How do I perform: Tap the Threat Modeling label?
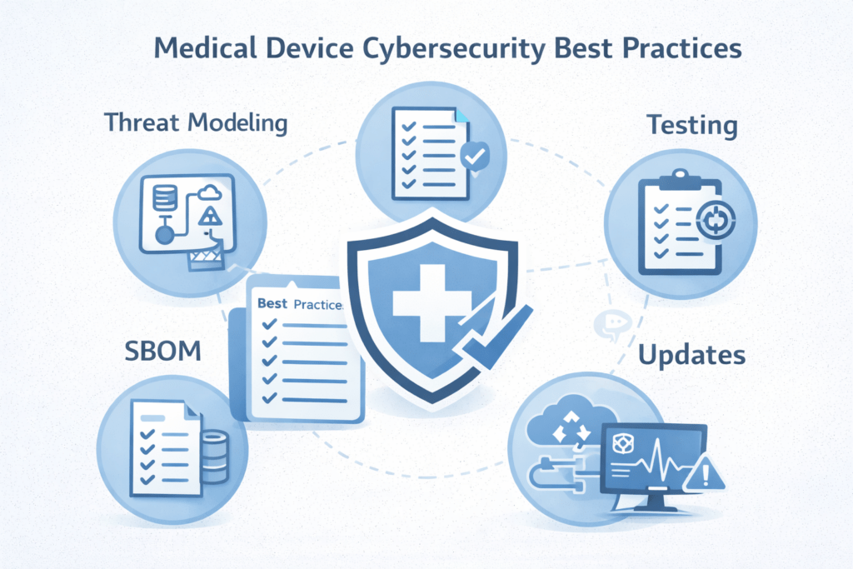197,123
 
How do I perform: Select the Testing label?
692,127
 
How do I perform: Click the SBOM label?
163,351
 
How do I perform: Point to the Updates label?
691,356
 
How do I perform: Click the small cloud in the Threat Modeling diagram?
210,194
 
